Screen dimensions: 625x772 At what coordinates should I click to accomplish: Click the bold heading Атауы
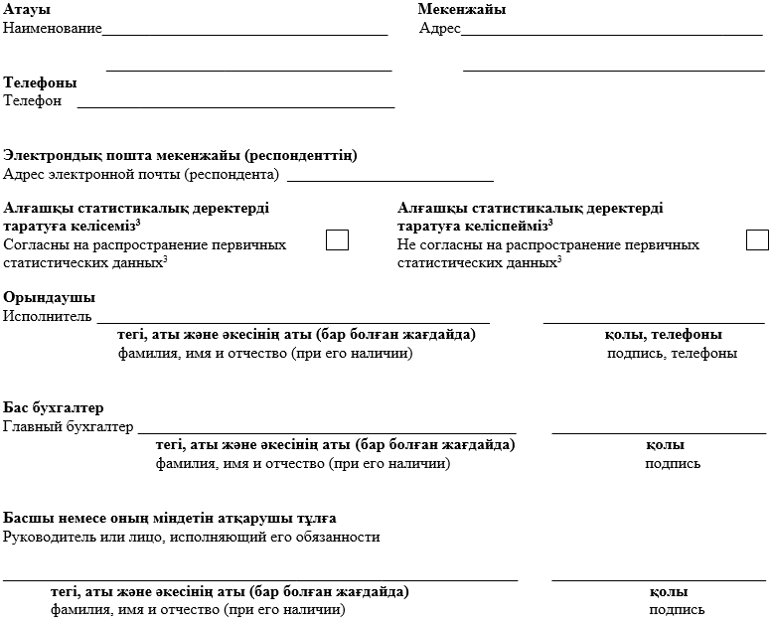[x=27, y=10]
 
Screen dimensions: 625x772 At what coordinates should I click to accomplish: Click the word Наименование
[x=53, y=28]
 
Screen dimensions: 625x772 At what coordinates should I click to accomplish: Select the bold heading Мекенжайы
[x=461, y=10]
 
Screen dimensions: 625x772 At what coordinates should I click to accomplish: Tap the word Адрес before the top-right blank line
[x=439, y=28]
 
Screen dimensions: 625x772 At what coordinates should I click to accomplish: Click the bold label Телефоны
[x=41, y=82]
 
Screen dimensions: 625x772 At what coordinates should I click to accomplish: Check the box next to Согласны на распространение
[x=338, y=239]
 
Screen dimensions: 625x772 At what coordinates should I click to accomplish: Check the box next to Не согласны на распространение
[x=757, y=239]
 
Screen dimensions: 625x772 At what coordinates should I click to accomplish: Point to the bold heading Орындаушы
[x=50, y=298]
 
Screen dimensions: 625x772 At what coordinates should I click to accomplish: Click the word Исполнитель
[x=48, y=316]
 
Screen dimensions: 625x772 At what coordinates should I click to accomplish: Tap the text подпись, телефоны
[x=672, y=353]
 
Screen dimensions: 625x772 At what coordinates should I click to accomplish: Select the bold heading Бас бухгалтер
[x=54, y=408]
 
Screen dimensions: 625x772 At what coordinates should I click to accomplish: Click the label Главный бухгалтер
[x=69, y=426]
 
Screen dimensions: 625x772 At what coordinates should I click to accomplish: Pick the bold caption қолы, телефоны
[x=663, y=335]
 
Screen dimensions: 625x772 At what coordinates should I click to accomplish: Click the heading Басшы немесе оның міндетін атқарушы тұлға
[x=170, y=519]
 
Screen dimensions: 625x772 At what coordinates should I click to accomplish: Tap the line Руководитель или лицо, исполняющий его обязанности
[x=192, y=537]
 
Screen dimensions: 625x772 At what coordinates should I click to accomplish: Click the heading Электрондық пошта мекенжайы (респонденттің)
[x=181, y=156]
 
